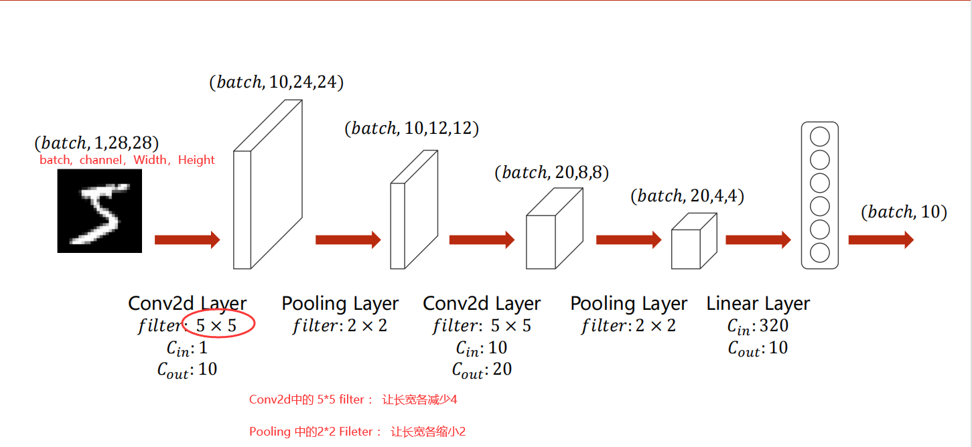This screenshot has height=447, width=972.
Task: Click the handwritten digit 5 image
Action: coord(100,210)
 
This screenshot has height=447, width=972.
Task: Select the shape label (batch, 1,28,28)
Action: coord(96,143)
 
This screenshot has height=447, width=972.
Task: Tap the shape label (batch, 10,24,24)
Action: coord(276,82)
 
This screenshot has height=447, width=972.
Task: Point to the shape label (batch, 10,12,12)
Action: coord(411,128)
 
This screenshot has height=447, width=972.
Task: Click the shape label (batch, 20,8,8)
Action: coord(551,173)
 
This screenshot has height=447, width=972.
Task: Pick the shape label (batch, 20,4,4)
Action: coord(687,196)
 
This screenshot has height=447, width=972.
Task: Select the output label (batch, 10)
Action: coord(904,212)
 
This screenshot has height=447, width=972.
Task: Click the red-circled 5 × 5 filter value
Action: coord(216,326)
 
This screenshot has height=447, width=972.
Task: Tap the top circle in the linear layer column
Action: coord(819,137)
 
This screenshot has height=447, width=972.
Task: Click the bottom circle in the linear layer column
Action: coord(819,253)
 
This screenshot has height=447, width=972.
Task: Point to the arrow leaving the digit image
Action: coord(187,240)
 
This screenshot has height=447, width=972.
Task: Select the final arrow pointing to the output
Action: coord(880,240)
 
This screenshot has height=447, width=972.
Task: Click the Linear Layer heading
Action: coord(758,304)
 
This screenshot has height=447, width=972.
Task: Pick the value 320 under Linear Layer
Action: coord(774,326)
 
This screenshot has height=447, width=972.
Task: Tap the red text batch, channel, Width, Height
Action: coord(127,160)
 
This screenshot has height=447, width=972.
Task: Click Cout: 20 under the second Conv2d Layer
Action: coord(482,369)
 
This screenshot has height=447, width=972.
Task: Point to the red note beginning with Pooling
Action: coord(357,432)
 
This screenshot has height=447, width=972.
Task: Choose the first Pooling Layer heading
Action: coord(340,304)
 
